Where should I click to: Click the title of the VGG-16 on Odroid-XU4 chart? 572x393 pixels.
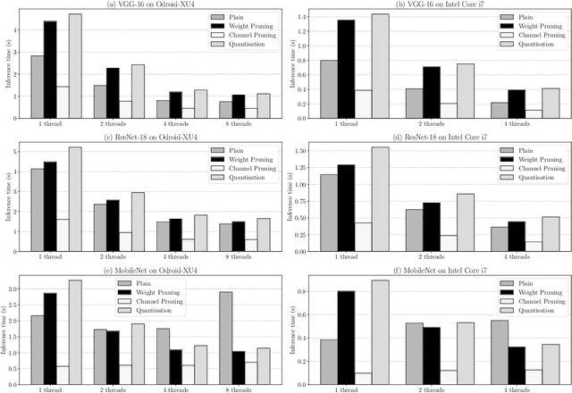point(147,4)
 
